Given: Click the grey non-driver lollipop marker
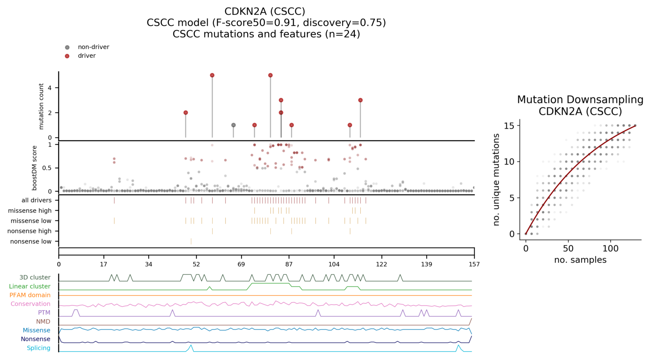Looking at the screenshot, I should pos(233,125).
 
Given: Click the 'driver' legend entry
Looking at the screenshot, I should pos(87,56).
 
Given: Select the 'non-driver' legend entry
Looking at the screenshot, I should pos(93,47).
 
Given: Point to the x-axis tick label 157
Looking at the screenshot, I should pos(474,265).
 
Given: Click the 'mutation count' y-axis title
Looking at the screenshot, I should pos(41,106).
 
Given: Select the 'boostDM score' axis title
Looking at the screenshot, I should pos(35,168).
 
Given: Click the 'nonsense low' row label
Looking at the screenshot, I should pos(31,241).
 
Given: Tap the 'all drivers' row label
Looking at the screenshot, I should pos(37,200).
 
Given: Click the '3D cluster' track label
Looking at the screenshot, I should pos(35,278).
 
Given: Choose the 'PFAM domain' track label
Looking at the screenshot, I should pos(30,295).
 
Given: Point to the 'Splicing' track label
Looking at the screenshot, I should pos(39,348).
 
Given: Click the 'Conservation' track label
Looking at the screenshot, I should pos(30,304).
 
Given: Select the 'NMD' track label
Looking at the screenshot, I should pos(43,321).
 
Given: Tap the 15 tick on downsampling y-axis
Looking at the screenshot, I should pos(511,126).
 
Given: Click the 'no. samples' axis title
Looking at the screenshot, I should pos(580,260).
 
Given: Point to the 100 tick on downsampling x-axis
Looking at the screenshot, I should pos(611,249).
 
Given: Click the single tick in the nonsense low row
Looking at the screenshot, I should pos(191,241).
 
